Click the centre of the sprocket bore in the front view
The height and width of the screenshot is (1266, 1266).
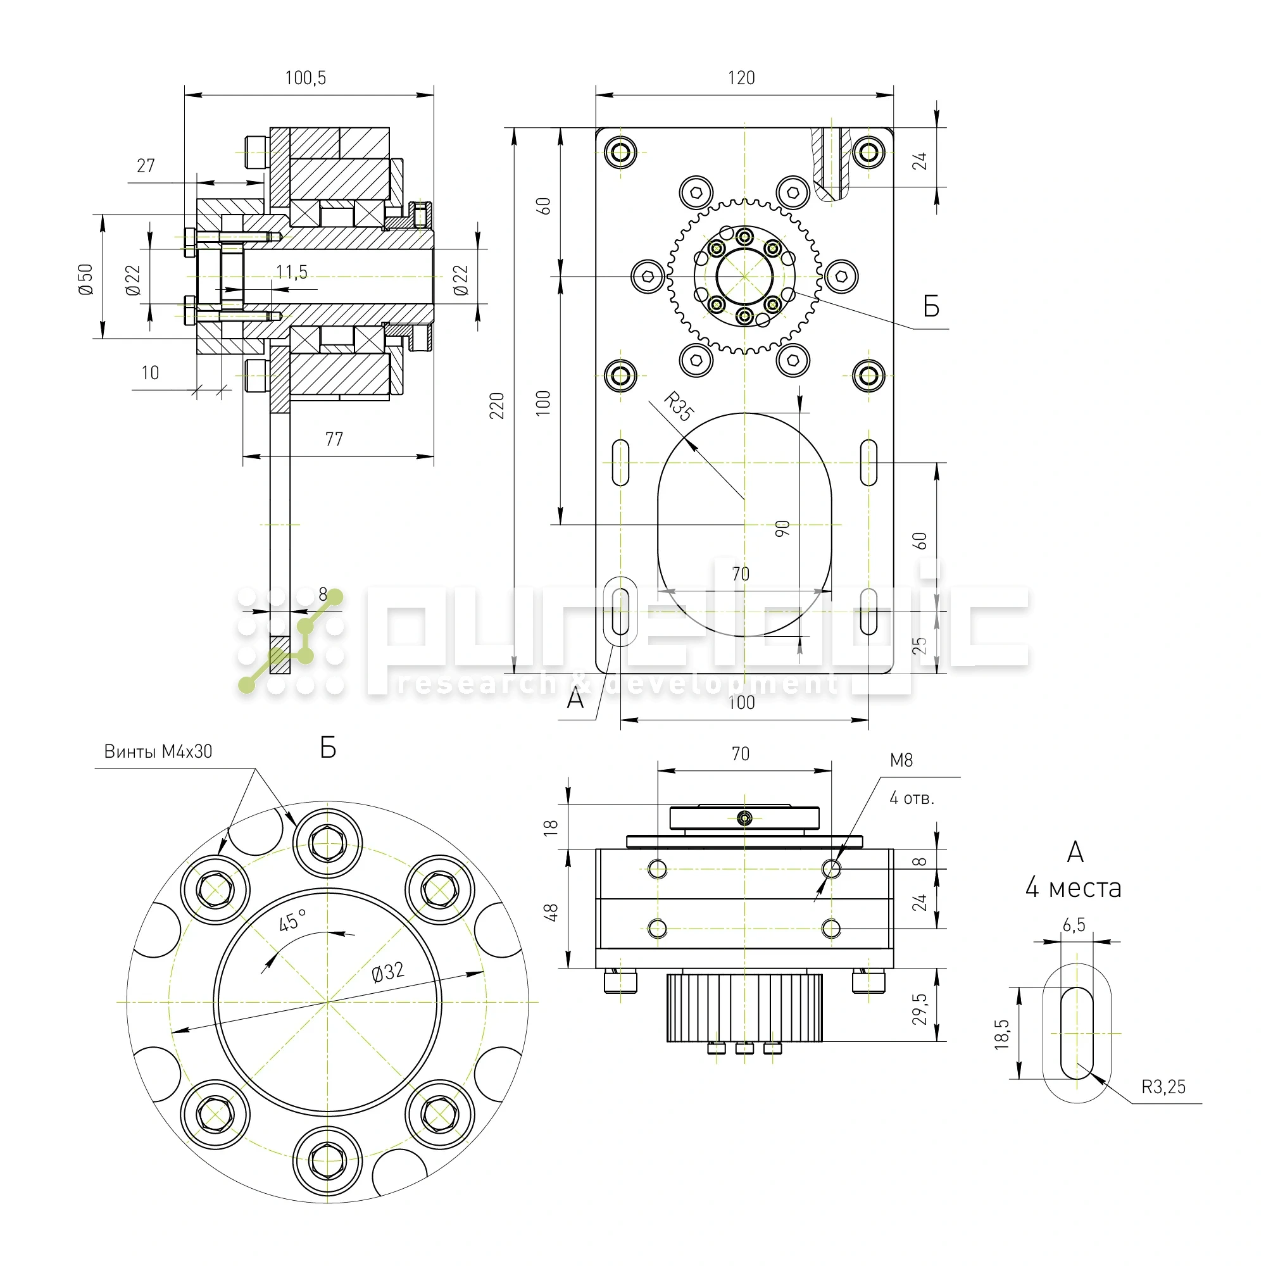coord(744,277)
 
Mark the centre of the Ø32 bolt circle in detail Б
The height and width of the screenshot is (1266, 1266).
coord(327,1002)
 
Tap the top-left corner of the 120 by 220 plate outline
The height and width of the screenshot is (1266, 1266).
coord(596,128)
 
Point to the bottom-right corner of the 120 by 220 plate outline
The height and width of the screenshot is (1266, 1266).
coord(894,673)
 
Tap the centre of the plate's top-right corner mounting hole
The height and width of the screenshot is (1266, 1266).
coord(869,153)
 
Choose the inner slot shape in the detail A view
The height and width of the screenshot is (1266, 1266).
coord(1077,1034)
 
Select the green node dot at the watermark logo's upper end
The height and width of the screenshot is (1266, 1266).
coord(335,597)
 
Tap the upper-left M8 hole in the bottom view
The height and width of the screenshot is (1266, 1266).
coord(657,870)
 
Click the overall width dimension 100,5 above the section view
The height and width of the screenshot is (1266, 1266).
coord(305,78)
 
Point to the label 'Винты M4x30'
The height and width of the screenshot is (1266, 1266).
coord(159,751)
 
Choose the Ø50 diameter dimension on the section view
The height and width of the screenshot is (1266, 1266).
coord(86,279)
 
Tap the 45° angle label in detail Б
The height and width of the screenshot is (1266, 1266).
coord(293,919)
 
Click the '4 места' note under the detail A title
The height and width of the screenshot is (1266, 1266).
coord(1074,889)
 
